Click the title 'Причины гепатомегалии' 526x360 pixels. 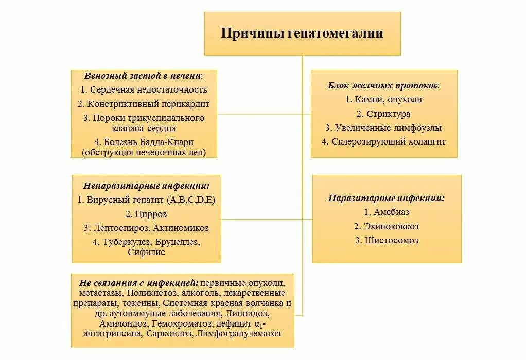(x=302, y=33)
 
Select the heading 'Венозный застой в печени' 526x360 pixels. (x=143, y=76)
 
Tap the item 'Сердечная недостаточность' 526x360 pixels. (x=148, y=89)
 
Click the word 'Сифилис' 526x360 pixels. (x=146, y=252)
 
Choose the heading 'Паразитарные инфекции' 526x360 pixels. (x=387, y=197)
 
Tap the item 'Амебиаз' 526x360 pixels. (x=391, y=211)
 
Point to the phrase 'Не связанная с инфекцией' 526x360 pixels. (x=139, y=283)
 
